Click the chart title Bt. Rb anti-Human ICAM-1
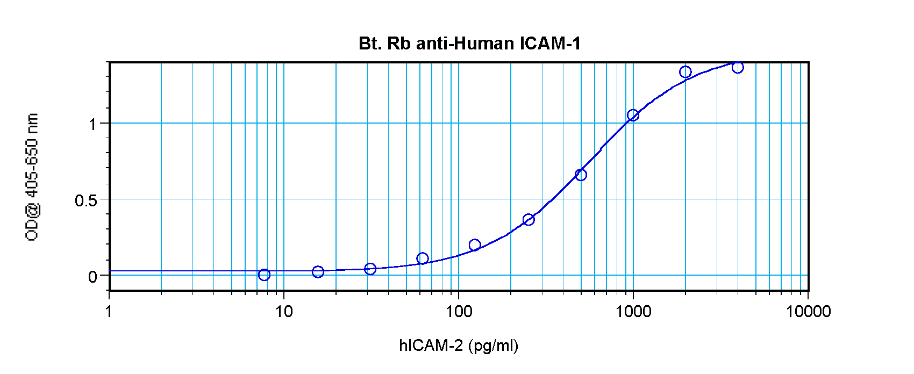(x=469, y=44)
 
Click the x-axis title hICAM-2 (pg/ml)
(x=459, y=345)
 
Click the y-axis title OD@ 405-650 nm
(x=32, y=177)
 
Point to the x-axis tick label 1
(x=109, y=311)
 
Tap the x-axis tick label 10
(x=283, y=311)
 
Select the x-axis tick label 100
(x=458, y=311)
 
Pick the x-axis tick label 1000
(x=633, y=311)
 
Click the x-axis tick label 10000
(x=808, y=311)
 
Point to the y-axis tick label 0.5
(x=86, y=200)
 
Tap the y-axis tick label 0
(x=93, y=277)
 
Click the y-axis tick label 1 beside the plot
(x=93, y=125)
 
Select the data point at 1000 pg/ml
(x=633, y=115)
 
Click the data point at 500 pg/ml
(x=581, y=175)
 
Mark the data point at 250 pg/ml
(x=529, y=219)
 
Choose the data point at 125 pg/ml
(x=475, y=245)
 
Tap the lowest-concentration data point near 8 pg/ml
(x=264, y=275)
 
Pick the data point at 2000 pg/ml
(x=685, y=72)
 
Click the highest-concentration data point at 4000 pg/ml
(x=738, y=67)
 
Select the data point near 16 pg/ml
(x=318, y=272)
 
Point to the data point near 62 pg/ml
(x=423, y=258)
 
